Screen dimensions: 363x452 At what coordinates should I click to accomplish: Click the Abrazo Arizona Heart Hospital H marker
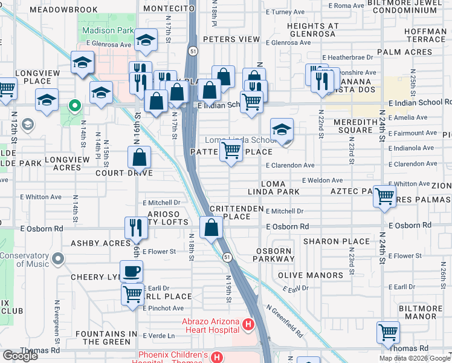point(247,325)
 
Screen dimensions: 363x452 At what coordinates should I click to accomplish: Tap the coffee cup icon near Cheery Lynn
point(131,270)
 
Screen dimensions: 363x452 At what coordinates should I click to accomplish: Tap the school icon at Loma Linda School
point(282,130)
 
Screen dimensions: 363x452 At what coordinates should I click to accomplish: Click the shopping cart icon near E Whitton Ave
point(385,196)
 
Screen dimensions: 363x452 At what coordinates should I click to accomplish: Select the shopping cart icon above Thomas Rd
point(388,332)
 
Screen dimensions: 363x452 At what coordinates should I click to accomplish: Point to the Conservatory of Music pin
point(58,260)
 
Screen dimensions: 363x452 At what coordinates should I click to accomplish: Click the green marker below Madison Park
point(75,107)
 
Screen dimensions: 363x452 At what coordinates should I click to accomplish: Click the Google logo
point(20,356)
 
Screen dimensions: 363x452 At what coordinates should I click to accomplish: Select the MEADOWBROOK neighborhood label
point(63,10)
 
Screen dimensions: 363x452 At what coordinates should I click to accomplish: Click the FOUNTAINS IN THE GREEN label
point(106,338)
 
